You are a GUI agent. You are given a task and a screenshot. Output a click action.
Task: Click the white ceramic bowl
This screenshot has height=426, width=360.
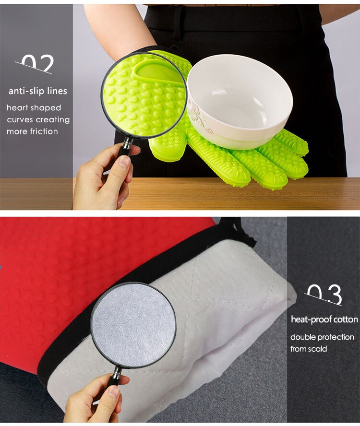240,98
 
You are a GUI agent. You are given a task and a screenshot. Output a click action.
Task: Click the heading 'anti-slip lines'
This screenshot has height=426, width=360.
37,91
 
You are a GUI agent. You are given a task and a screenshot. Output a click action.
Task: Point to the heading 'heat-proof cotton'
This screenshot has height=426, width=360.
324,319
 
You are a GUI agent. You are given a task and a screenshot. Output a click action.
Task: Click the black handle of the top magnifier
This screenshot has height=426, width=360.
126,146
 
